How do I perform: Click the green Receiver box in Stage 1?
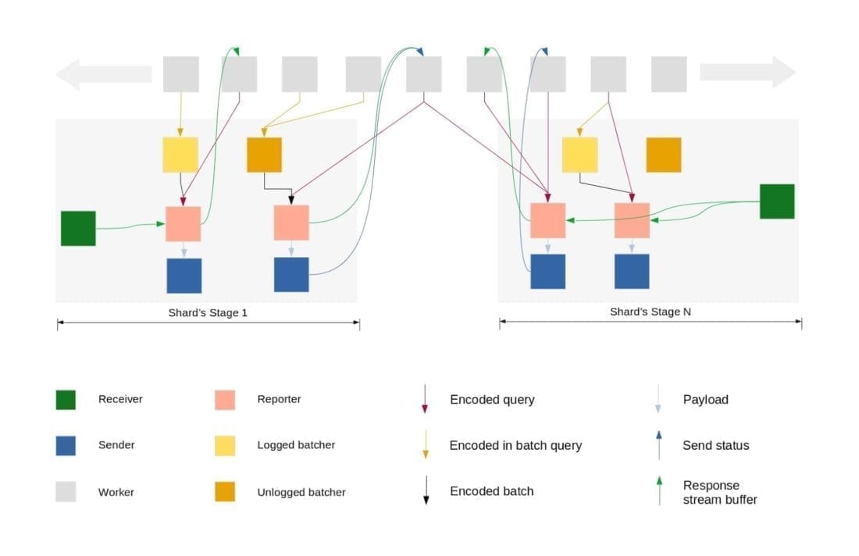click(x=78, y=228)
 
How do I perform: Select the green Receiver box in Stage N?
click(x=777, y=201)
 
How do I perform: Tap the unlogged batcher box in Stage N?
click(x=663, y=155)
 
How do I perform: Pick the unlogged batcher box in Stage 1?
click(x=264, y=155)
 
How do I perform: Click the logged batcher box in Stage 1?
click(x=180, y=155)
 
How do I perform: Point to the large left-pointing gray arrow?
click(x=102, y=74)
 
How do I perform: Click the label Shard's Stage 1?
click(x=208, y=312)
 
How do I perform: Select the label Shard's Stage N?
click(x=650, y=312)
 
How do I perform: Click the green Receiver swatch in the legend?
click(x=66, y=400)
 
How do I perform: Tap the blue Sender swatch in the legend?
click(x=66, y=445)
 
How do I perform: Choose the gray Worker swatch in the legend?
click(x=66, y=492)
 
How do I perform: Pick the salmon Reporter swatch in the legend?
click(x=225, y=400)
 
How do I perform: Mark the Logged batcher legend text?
click(x=296, y=445)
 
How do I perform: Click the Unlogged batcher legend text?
click(x=301, y=493)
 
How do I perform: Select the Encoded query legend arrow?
click(x=426, y=399)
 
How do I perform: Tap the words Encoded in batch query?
click(x=515, y=445)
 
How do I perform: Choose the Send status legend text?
click(x=715, y=445)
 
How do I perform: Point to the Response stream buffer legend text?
click(x=719, y=492)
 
